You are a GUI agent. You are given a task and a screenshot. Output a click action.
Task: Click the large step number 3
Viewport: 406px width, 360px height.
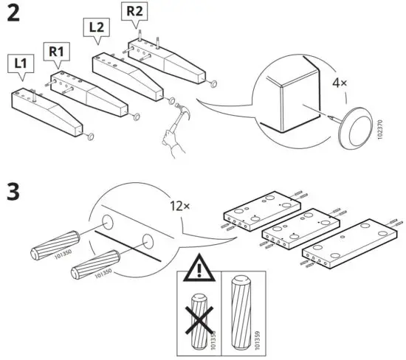point(13,193)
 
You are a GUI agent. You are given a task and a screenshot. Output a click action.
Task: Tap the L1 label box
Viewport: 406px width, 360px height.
point(22,64)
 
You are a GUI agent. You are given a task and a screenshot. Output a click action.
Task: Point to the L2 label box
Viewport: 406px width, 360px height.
point(97,27)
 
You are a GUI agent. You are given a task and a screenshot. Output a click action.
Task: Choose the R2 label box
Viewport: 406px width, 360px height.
point(134,11)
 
